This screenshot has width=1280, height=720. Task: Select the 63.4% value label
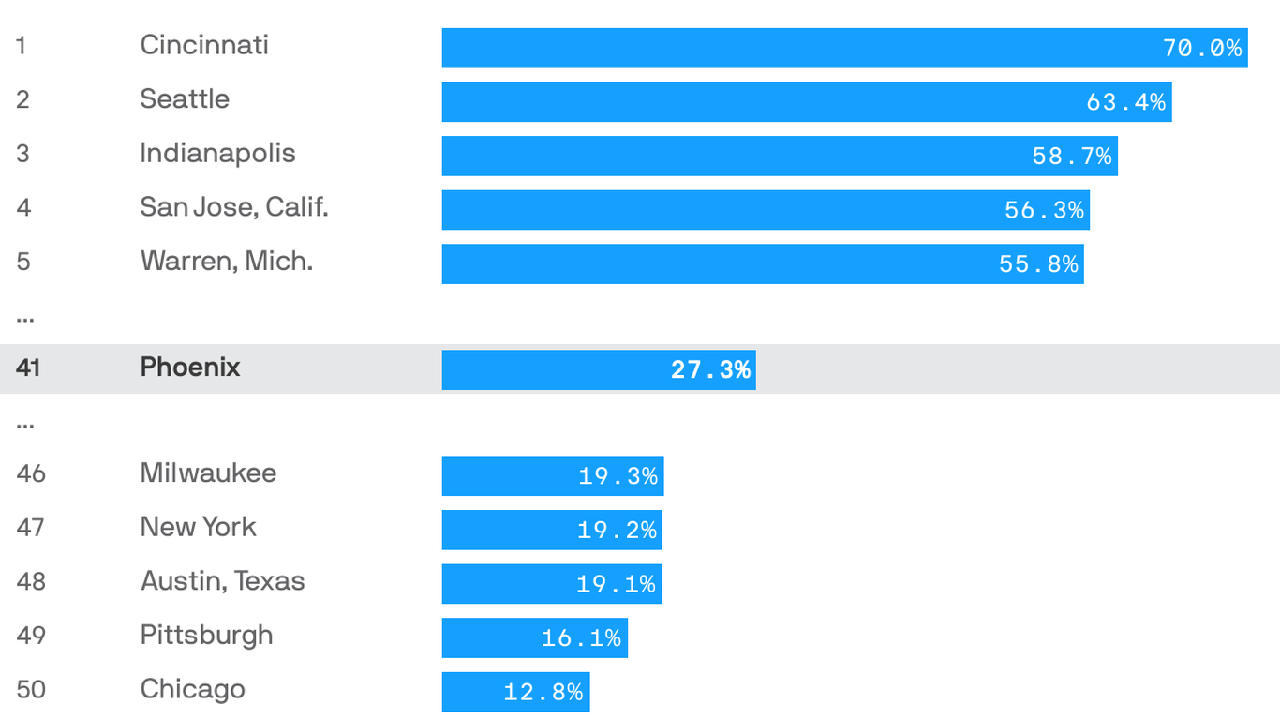(x=1125, y=101)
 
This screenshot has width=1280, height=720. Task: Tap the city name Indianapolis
(x=217, y=153)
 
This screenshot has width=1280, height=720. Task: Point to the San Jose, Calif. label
(x=234, y=206)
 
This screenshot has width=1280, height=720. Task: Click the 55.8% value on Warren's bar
(x=1038, y=264)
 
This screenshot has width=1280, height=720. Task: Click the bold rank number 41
(x=28, y=367)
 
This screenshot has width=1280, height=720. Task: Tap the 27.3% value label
(x=710, y=369)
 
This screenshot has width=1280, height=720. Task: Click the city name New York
(x=198, y=527)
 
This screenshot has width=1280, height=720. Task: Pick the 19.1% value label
(x=616, y=584)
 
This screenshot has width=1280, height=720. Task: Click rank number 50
(x=30, y=689)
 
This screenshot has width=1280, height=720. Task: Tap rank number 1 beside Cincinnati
(x=21, y=45)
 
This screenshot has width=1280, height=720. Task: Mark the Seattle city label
(x=185, y=98)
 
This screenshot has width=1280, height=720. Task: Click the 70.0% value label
(x=1202, y=48)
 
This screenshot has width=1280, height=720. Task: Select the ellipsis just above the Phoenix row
(x=25, y=318)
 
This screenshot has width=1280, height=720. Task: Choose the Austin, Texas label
(x=222, y=581)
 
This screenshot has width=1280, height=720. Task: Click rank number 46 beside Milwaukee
(x=30, y=473)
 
